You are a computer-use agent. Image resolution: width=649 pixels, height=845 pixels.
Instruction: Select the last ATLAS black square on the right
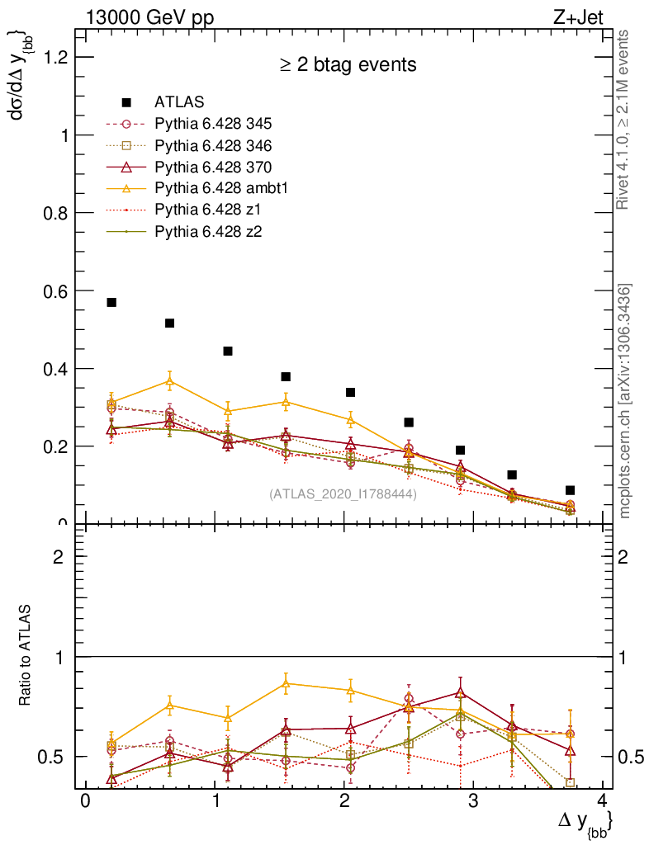pos(570,490)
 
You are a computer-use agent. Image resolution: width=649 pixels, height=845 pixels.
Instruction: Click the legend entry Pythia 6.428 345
pos(214,124)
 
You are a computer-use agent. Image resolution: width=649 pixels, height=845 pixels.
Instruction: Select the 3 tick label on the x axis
pos(473,803)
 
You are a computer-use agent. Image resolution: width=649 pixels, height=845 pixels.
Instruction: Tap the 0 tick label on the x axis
pos(84,803)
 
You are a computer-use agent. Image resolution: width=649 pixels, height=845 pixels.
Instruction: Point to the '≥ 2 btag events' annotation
pos(347,64)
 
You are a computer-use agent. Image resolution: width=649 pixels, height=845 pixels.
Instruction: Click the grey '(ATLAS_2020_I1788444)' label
pos(343,494)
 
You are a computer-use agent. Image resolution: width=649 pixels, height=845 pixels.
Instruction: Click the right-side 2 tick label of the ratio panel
pos(625,556)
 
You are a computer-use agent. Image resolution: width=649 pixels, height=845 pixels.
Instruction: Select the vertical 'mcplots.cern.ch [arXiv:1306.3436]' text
pos(626,400)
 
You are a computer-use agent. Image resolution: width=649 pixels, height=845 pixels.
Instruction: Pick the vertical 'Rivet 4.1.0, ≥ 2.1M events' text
pos(624,120)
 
